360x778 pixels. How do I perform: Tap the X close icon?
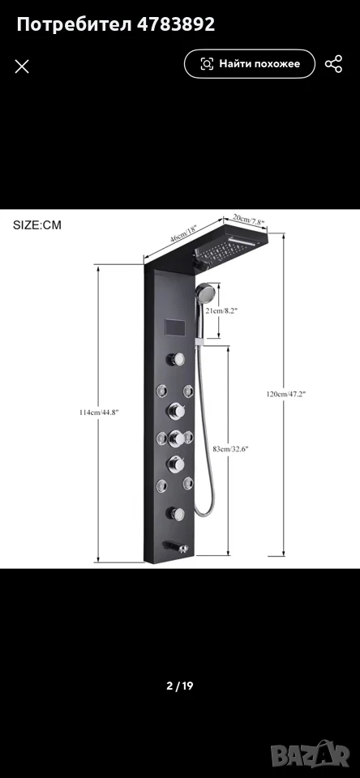(22, 66)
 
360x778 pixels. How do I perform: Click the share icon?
(334, 64)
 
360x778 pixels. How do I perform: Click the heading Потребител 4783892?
(116, 24)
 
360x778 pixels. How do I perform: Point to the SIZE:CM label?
(37, 224)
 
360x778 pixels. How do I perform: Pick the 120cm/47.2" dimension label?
(286, 394)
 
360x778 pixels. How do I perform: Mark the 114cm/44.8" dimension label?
(99, 412)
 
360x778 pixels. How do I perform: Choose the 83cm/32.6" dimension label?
(230, 448)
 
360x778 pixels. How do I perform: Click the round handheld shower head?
(204, 293)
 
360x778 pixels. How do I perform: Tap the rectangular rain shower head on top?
(231, 246)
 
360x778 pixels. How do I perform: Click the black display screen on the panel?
(174, 328)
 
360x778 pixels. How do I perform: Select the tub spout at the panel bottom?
(175, 547)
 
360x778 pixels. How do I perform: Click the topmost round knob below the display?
(175, 359)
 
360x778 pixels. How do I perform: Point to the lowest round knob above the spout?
(175, 514)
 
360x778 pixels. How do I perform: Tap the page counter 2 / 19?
(180, 686)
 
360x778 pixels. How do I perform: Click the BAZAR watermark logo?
(312, 754)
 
